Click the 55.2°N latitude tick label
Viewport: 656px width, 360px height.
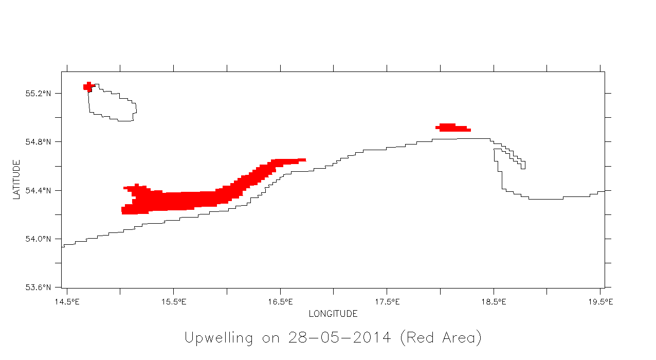point(39,94)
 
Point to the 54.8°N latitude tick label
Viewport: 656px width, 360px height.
point(39,142)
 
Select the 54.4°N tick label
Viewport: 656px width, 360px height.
point(39,191)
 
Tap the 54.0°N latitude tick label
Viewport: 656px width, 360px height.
point(39,239)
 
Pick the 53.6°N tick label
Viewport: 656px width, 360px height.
point(39,287)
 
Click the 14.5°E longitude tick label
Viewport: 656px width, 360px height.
point(67,301)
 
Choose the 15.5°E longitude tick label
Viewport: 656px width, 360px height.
point(174,301)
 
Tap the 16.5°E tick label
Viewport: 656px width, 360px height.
point(280,301)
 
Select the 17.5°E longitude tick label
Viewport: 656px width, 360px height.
point(387,301)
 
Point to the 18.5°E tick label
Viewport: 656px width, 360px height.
point(494,301)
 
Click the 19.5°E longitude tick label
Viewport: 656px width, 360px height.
point(600,301)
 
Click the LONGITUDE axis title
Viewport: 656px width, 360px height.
point(333,314)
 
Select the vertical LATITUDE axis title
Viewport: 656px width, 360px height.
point(17,179)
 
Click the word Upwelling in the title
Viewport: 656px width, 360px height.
point(218,338)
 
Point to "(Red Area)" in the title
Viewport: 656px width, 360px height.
point(441,338)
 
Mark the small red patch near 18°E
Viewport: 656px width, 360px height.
point(451,128)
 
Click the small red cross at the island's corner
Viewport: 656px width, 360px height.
point(88,86)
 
